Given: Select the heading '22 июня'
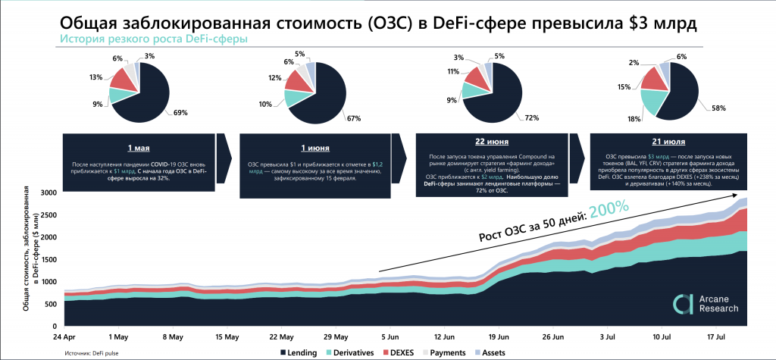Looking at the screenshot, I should tap(488, 142).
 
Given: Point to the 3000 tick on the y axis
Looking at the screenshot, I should tap(48, 193).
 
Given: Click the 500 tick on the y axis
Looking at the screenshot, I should tap(50, 303).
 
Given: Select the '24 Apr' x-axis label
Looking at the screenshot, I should tap(63, 336).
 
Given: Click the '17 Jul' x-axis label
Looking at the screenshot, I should tap(716, 336).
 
